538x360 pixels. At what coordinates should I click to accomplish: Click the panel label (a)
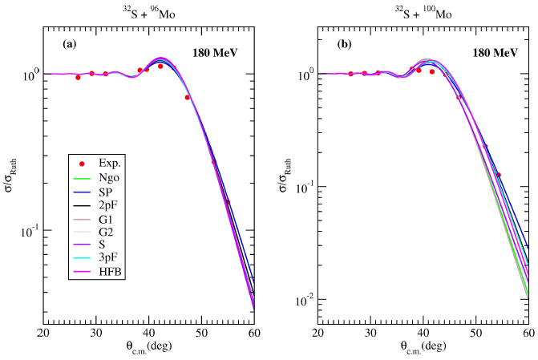(70, 45)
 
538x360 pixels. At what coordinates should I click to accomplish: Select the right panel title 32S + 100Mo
(425, 11)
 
